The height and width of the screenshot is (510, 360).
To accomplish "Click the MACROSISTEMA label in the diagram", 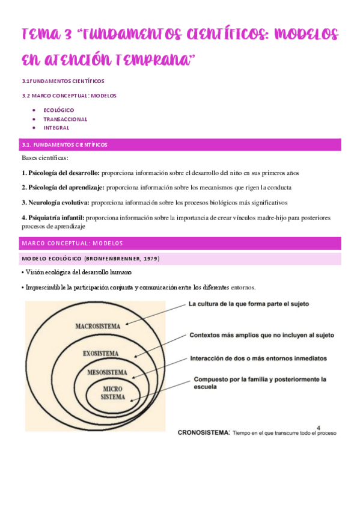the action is coord(98,327).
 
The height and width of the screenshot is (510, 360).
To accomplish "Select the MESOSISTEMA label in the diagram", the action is coord(107,372).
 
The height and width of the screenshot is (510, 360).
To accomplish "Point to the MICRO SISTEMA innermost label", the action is coord(112,393).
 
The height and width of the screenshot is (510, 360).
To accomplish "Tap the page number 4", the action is coord(319,423).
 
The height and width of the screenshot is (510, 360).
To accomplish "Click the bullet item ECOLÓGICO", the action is coord(59,110).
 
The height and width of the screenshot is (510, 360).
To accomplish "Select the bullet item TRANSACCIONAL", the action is coord(65,119).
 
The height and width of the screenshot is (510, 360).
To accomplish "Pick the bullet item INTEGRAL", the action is coord(56,127).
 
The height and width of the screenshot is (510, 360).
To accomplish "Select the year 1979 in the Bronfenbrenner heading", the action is coord(148,259).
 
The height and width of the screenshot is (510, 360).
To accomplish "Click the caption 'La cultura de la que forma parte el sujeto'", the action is coord(249,304).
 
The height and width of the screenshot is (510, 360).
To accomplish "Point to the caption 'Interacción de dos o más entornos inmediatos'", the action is coord(258,358).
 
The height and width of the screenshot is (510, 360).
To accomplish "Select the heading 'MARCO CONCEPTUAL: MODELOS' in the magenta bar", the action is coord(72,243).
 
